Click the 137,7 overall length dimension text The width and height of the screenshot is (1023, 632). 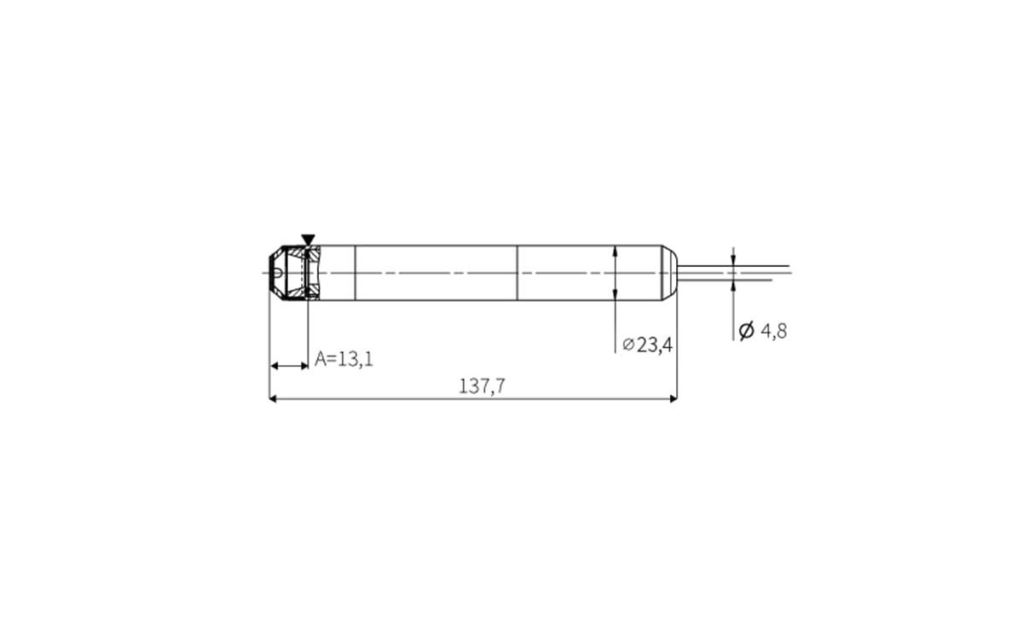[483, 386]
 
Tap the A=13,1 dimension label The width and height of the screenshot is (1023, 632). [344, 359]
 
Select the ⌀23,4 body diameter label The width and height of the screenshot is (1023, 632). [648, 345]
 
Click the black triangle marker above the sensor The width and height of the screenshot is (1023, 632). [308, 240]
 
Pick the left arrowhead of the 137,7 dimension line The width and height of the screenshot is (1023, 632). [274, 398]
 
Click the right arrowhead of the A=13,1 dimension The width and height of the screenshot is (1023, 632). [303, 366]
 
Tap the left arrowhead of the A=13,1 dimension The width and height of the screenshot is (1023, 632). [275, 366]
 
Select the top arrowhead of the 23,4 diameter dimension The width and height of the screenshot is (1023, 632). [616, 251]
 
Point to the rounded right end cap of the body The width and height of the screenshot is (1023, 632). [670, 273]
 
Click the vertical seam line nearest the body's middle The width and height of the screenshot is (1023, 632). [517, 273]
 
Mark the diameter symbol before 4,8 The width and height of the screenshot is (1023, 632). [746, 331]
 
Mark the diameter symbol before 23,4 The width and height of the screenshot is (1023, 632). [628, 345]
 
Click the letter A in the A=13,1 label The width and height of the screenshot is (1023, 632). [321, 359]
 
